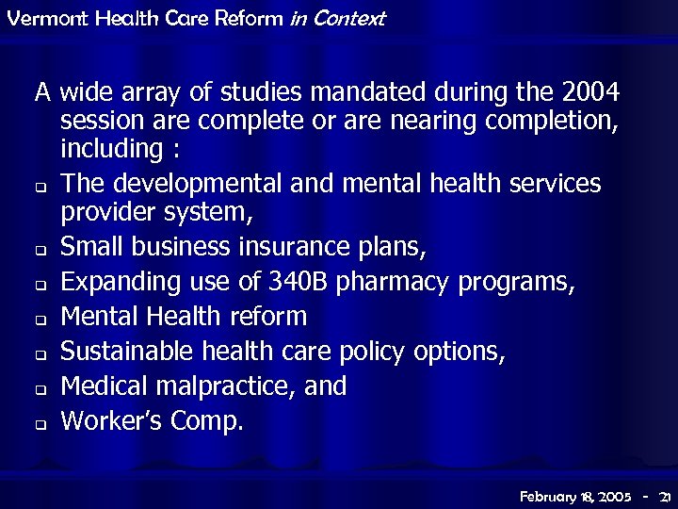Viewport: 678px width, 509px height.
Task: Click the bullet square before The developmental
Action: coord(41,186)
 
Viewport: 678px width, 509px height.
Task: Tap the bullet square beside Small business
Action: coord(41,252)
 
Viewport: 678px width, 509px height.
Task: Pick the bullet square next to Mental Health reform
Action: coord(41,320)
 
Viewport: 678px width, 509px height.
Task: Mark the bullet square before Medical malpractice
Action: coord(41,389)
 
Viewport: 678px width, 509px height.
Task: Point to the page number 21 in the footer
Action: coord(665,496)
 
